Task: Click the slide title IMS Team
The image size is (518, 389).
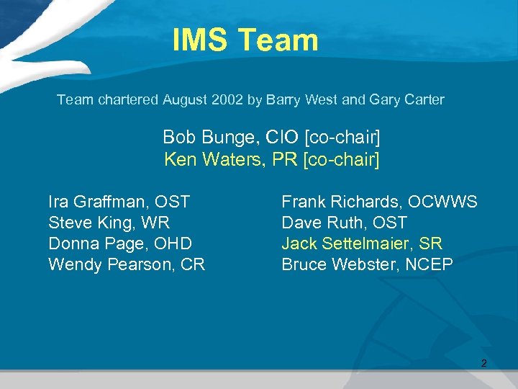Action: pos(245,40)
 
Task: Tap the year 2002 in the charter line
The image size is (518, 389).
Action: pos(228,100)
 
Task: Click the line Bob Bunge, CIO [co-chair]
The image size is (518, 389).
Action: pos(271,137)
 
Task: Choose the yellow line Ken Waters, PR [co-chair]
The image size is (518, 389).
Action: pos(271,159)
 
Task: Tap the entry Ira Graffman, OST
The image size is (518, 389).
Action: pos(119,202)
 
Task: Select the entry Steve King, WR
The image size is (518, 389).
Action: pos(109,223)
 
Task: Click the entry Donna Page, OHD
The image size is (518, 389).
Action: pos(119,243)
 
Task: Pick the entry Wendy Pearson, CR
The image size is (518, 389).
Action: pos(127,264)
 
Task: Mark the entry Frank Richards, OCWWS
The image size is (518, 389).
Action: pos(379,202)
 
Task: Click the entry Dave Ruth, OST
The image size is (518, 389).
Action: pos(344,223)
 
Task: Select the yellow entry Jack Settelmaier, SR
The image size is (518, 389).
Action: pos(362,243)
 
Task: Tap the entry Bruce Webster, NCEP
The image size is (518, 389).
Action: pos(367,264)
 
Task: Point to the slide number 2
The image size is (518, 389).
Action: pos(483,364)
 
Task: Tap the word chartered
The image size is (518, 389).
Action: pos(127,100)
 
